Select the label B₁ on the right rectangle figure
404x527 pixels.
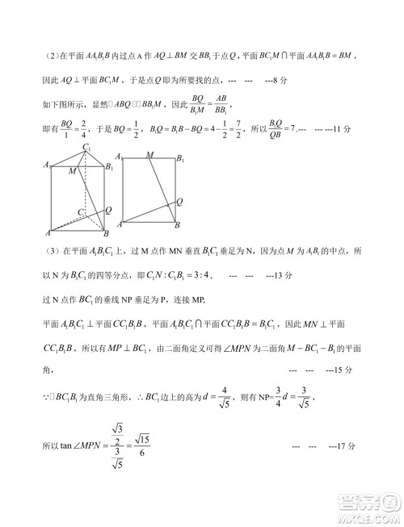point(183,157)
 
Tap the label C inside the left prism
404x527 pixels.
point(80,211)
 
